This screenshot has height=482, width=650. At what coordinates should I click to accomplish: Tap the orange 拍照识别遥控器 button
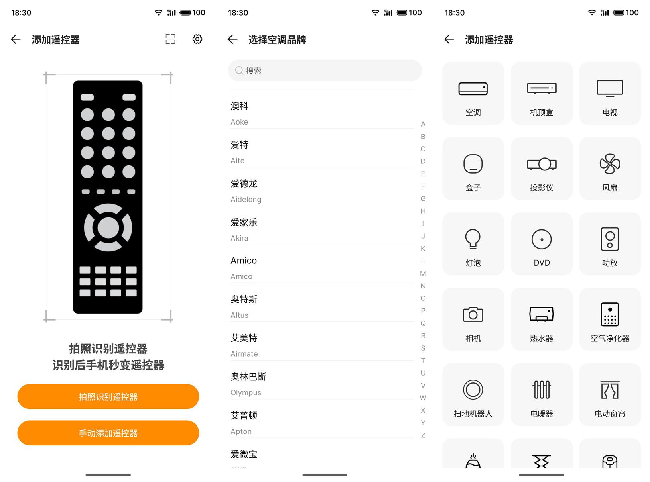pos(108,396)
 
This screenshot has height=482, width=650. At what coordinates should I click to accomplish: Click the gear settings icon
pos(197,39)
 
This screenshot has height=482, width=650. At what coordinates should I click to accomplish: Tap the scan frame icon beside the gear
pos(170,39)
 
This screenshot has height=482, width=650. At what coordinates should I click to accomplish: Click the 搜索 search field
pos(325,70)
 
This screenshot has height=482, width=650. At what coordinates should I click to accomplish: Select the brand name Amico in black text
pos(244,261)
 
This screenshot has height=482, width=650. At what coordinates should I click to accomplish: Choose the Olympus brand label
pos(246,392)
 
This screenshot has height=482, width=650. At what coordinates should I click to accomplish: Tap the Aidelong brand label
pos(246,200)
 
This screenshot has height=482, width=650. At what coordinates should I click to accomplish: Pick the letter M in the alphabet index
pos(423,274)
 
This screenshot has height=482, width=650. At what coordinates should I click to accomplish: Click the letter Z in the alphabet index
pos(423,435)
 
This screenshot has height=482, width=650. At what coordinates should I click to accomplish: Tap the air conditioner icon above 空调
pos(473,89)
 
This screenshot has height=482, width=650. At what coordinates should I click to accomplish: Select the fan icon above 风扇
pos(610,164)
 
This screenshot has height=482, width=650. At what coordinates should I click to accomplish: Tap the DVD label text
pos(542,263)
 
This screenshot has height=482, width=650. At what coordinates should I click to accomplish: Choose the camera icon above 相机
pos(473,315)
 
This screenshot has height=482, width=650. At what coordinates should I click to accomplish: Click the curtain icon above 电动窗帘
pos(610,390)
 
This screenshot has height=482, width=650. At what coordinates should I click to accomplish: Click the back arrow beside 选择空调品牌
pos(232,39)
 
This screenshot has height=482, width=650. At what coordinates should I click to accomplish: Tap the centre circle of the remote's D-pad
pos(108,228)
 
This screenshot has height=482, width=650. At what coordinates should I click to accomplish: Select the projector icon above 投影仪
pos(542,164)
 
